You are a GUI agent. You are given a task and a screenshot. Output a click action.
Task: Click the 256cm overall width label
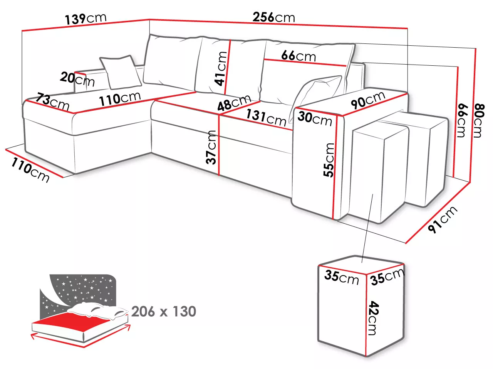[x=273, y=17]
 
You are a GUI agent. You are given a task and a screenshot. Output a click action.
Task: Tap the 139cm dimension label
[x=86, y=18]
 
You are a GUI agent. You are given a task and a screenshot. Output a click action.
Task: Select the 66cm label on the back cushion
[x=298, y=56]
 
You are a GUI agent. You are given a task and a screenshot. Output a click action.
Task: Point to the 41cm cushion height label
[x=221, y=68]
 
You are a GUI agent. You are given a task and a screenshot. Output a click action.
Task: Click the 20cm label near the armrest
[x=77, y=79]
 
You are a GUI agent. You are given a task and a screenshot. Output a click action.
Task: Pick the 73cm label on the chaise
[x=52, y=101]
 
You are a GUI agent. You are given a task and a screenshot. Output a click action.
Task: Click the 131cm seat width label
[x=266, y=118]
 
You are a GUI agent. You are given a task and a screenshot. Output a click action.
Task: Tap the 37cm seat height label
[x=211, y=147]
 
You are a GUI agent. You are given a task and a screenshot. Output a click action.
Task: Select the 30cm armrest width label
[x=315, y=119]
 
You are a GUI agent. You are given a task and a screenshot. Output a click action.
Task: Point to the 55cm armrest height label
[x=329, y=160]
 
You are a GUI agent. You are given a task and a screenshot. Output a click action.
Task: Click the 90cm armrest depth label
[x=368, y=100]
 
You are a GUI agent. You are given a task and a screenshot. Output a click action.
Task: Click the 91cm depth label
[x=442, y=219]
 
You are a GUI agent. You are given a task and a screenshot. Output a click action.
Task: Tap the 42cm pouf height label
[x=373, y=318]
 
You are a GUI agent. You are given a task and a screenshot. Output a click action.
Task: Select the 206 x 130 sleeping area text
[x=164, y=311]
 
